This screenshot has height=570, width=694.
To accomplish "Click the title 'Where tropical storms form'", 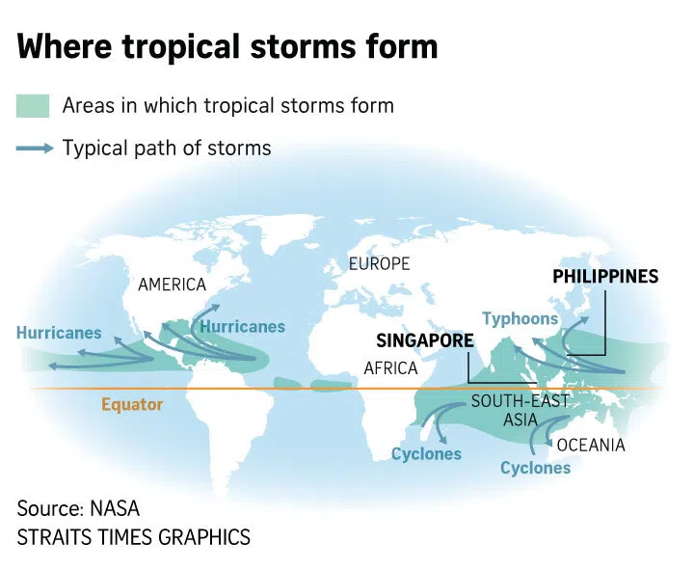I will pyautogui.click(x=227, y=46).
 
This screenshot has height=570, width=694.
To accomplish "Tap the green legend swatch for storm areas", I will pyautogui.click(x=35, y=105).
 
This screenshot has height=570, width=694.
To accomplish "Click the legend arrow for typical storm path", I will pyautogui.click(x=35, y=149).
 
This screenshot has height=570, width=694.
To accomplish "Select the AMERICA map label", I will pyautogui.click(x=173, y=285).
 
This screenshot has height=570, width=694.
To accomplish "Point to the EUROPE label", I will pyautogui.click(x=379, y=263).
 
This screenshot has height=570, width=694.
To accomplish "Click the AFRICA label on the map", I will pyautogui.click(x=390, y=367).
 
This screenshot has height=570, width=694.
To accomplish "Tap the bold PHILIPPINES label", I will pyautogui.click(x=605, y=277).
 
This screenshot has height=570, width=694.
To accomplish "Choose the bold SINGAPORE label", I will pyautogui.click(x=425, y=340).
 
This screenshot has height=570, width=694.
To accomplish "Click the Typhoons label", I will pyautogui.click(x=520, y=318).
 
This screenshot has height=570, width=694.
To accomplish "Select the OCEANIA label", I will pyautogui.click(x=591, y=445).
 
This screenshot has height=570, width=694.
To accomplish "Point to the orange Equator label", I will pyautogui.click(x=132, y=404).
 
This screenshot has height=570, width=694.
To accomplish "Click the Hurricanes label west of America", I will pyautogui.click(x=59, y=333).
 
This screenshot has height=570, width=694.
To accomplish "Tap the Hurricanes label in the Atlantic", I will pyautogui.click(x=242, y=326).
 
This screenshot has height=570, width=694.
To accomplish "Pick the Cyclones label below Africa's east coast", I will pyautogui.click(x=426, y=453).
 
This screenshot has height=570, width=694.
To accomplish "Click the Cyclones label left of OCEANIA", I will pyautogui.click(x=535, y=468).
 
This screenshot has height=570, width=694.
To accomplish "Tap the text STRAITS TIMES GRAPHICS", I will pyautogui.click(x=134, y=537).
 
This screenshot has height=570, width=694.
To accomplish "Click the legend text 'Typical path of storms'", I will pyautogui.click(x=167, y=149).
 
